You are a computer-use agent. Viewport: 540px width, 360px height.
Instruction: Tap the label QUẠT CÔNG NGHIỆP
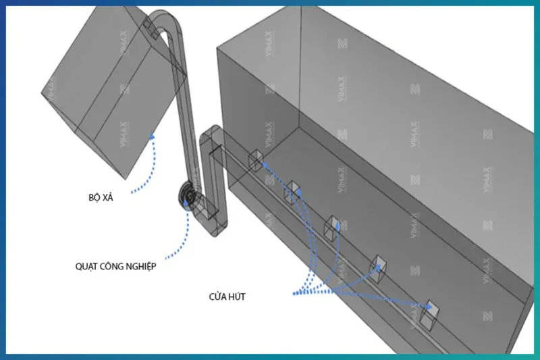tap(115, 266)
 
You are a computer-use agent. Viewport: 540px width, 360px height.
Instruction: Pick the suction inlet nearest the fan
tap(255, 161)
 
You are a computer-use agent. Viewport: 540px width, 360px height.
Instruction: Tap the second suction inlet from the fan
tap(292, 191)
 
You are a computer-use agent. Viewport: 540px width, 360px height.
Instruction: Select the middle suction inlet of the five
tap(333, 227)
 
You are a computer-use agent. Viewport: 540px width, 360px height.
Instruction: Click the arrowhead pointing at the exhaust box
tap(153, 138)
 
